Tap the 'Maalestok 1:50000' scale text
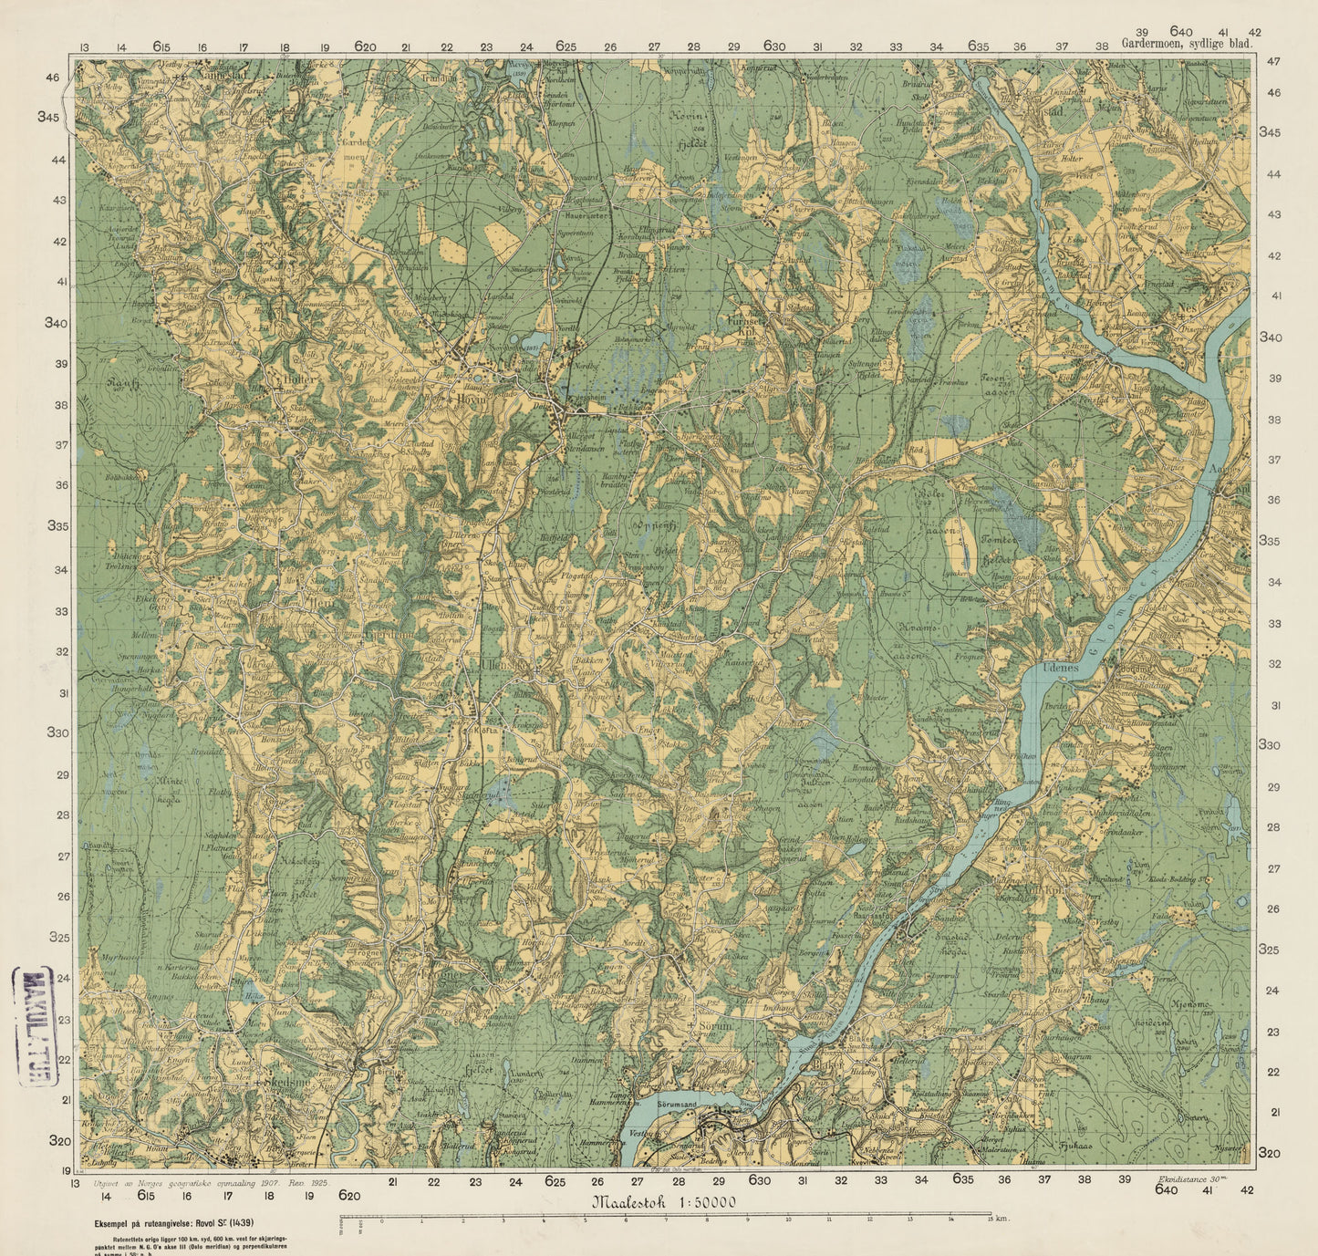coord(664,1202)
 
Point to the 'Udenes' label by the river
coord(1060,668)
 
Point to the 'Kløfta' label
coord(484,730)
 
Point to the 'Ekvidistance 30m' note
coord(1190,1179)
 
